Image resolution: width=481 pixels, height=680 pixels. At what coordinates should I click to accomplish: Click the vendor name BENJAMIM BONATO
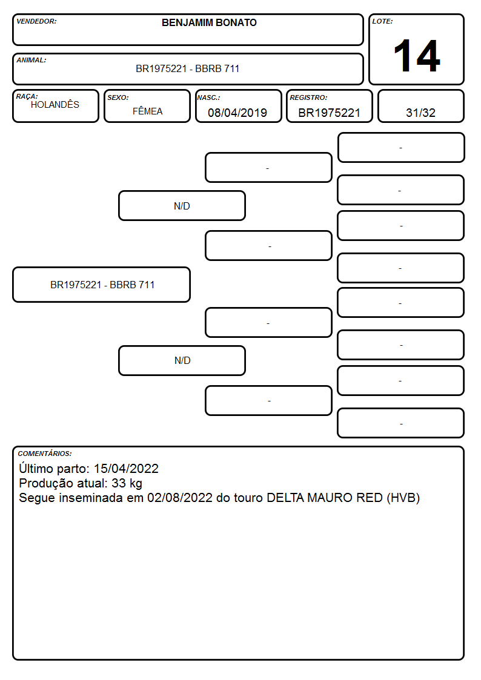(x=209, y=22)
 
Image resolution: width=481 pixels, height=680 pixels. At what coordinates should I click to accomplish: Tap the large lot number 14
(x=417, y=56)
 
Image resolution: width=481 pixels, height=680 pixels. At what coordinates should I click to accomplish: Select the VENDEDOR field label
(x=36, y=21)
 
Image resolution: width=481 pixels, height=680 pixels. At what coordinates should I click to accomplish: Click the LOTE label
(x=382, y=21)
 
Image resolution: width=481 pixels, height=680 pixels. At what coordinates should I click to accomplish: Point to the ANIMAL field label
(x=32, y=61)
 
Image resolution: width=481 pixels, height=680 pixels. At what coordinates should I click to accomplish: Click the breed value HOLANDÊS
(x=55, y=105)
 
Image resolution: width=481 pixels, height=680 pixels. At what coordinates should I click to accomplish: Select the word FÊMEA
(x=147, y=111)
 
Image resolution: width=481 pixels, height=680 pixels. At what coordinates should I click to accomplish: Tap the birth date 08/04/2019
(x=237, y=113)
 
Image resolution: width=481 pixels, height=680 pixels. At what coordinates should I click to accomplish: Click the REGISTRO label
(x=308, y=97)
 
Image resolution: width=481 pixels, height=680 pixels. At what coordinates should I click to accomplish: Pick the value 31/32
(x=420, y=113)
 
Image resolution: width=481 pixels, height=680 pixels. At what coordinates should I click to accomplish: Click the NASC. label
(x=208, y=97)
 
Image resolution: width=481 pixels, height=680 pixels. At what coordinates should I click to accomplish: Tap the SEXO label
(x=118, y=97)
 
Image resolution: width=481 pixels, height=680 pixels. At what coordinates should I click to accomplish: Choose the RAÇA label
(x=27, y=96)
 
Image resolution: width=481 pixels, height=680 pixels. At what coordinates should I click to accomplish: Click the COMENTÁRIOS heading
(x=45, y=454)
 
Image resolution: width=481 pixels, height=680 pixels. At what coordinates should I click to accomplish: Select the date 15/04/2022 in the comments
(x=126, y=468)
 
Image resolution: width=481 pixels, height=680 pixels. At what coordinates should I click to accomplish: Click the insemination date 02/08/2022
(x=180, y=497)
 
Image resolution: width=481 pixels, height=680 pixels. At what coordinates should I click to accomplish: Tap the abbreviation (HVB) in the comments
(x=403, y=498)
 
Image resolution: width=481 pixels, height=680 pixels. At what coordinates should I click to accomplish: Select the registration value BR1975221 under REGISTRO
(x=329, y=113)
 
